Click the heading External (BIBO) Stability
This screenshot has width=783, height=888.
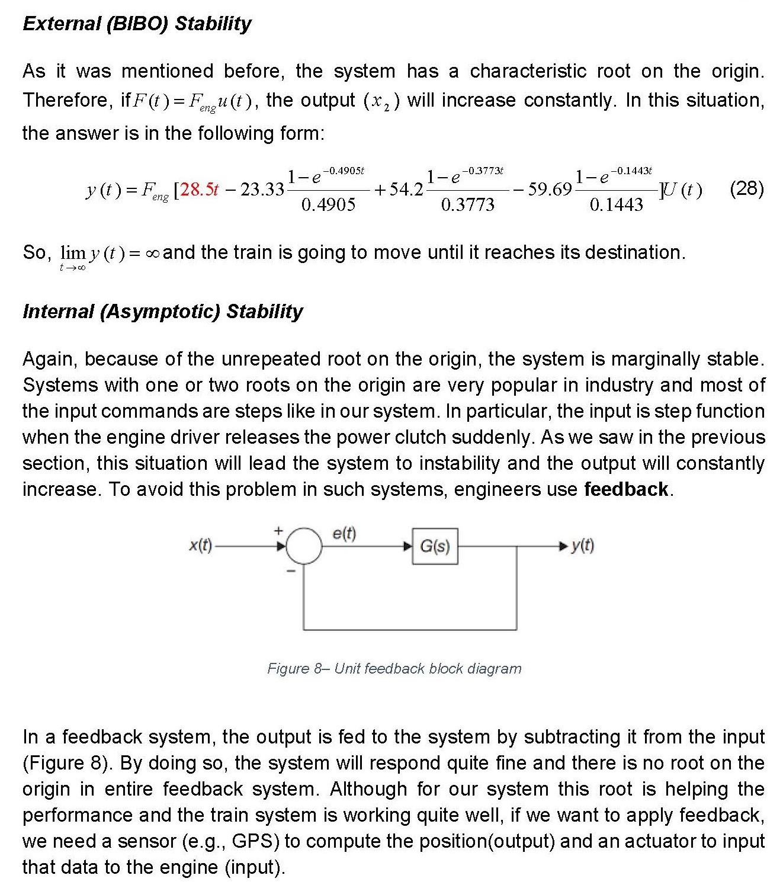pos(137,24)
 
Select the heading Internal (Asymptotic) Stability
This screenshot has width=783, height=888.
pos(162,312)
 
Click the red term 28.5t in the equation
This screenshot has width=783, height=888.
pos(200,190)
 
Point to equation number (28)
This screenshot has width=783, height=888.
pos(747,188)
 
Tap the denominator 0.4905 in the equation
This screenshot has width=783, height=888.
pos(328,205)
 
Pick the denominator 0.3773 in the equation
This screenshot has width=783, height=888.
pos(467,205)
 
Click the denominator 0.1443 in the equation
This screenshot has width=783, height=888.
pos(616,205)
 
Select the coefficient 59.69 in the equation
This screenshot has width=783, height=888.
pos(549,190)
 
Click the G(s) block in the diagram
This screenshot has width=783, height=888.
pos(435,546)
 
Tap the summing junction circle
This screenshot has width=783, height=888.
pos(304,546)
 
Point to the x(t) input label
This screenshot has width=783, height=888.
pos(200,545)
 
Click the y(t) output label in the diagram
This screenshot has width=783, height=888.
pos(582,546)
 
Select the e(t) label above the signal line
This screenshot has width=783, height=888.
pos(344,533)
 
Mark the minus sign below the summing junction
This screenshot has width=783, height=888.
pos(291,571)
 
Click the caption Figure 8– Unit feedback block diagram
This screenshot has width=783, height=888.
pos(394,669)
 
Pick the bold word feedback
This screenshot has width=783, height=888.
pos(626,489)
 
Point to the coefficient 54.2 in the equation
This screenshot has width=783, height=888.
pos(406,190)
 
